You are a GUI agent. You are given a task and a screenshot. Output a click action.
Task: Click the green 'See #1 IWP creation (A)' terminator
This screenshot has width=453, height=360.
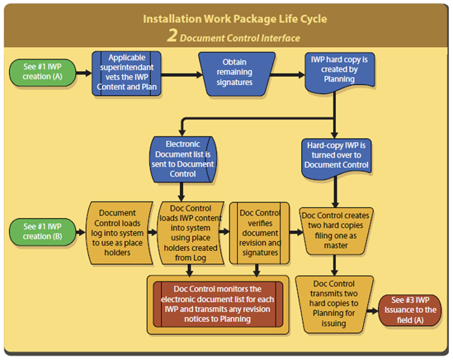pyautogui.click(x=41, y=71)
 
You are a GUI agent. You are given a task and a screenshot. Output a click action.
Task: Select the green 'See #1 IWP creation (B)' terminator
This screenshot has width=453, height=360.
pyautogui.click(x=41, y=231)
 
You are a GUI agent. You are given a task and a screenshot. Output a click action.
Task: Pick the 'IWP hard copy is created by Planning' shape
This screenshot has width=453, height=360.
pyautogui.click(x=335, y=70)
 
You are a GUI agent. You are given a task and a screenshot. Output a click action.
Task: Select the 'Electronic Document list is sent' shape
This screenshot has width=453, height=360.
pyautogui.click(x=182, y=158)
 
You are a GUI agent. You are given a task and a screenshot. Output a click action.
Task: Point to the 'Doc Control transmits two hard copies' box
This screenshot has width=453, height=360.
pyautogui.click(x=334, y=304)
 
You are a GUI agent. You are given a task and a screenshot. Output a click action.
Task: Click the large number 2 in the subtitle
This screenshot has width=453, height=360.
pyautogui.click(x=172, y=36)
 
